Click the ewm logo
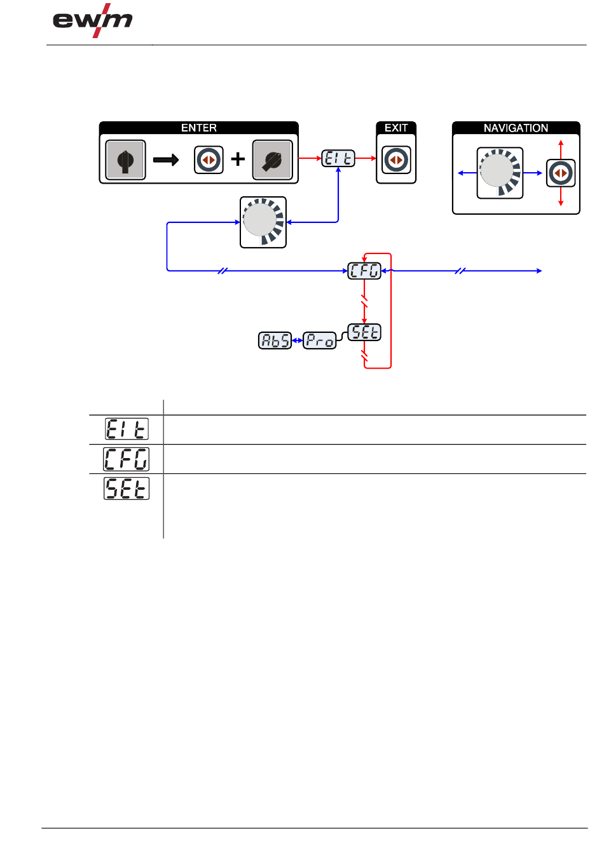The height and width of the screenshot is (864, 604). tap(92, 20)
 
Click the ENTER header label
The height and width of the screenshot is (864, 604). tap(199, 128)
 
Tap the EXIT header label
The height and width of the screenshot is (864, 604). tap(396, 128)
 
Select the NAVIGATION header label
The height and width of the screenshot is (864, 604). tap(516, 128)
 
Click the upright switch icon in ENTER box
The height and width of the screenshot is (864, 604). tap(125, 159)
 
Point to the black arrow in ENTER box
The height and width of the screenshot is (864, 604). tap(166, 159)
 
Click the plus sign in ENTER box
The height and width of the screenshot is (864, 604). tap(238, 159)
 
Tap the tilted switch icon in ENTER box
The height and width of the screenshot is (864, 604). tap(273, 159)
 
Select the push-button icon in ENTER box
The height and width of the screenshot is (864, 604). tap(209, 159)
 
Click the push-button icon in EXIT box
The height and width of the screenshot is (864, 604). tap(396, 159)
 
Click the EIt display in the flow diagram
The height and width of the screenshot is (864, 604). tap(338, 158)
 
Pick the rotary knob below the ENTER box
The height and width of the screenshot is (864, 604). tap(263, 222)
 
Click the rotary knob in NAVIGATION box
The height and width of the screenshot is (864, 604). tap(500, 173)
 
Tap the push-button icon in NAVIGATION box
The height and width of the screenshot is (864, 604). tap(561, 173)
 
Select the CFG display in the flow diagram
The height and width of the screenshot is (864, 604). tap(364, 271)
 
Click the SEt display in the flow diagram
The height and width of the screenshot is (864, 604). tap(364, 332)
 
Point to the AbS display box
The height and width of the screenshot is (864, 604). tap(275, 341)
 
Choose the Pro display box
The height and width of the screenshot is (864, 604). tap(320, 341)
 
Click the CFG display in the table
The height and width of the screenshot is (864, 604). tap(126, 459)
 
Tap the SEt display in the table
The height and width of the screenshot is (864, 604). tap(127, 489)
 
